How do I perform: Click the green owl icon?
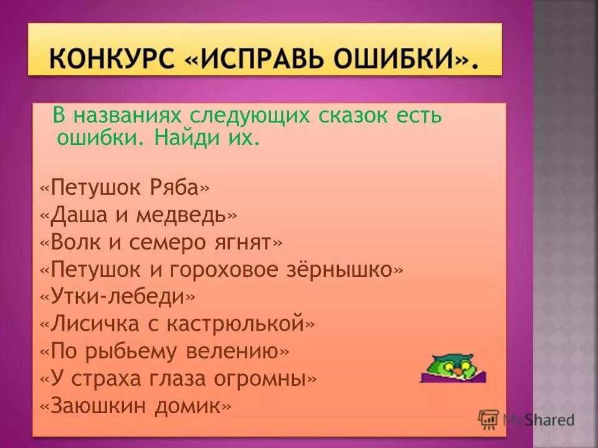tap(453, 368)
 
